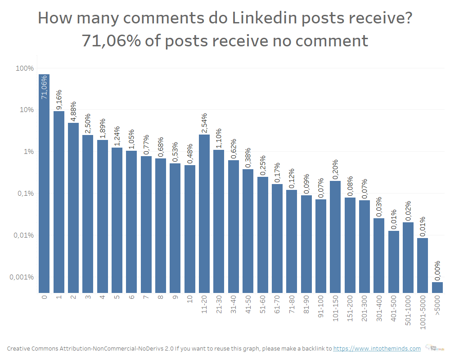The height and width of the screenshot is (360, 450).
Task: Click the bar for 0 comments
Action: pyautogui.click(x=44, y=180)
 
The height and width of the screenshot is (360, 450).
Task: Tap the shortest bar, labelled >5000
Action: pyautogui.click(x=437, y=288)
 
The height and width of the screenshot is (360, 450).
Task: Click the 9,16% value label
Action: pyautogui.click(x=59, y=99)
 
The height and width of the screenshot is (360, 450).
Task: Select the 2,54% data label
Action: pyautogui.click(x=204, y=123)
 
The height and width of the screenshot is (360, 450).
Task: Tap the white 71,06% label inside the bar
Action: pyautogui.click(x=44, y=88)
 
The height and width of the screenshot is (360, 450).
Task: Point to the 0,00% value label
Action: pyautogui.click(x=437, y=270)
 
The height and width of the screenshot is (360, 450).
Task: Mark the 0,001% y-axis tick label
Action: pyautogui.click(x=22, y=277)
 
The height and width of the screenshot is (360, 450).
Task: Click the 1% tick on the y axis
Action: pyautogui.click(x=28, y=152)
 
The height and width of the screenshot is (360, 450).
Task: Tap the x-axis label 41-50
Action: pyautogui.click(x=248, y=307)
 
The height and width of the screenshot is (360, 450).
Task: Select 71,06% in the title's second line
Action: pyautogui.click(x=112, y=40)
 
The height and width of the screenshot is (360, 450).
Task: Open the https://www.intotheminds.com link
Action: pyautogui.click(x=377, y=348)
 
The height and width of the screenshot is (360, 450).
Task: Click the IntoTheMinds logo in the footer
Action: pyautogui.click(x=433, y=348)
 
